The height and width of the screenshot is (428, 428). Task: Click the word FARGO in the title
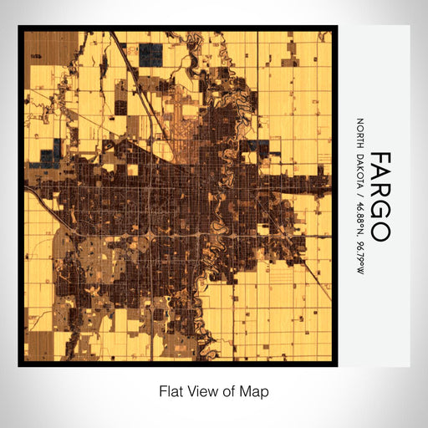(x=380, y=197)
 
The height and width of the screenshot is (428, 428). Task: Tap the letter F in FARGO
(x=380, y=160)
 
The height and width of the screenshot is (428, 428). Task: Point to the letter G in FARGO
(x=380, y=211)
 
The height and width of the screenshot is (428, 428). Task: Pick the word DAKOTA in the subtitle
(x=359, y=170)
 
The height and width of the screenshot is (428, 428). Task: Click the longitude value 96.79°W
(x=359, y=253)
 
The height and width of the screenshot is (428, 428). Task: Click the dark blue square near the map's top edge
(x=151, y=55)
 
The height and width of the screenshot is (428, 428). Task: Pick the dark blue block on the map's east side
(x=253, y=148)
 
